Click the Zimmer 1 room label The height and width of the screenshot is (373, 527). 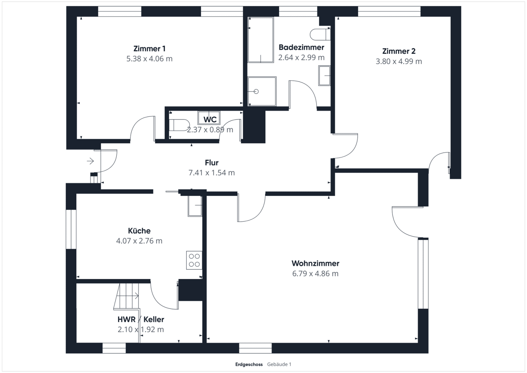pyautogui.click(x=149, y=49)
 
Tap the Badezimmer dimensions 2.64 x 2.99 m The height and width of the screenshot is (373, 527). pyautogui.click(x=301, y=57)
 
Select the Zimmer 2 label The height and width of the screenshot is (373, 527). pyautogui.click(x=399, y=51)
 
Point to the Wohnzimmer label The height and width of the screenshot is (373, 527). pyautogui.click(x=315, y=263)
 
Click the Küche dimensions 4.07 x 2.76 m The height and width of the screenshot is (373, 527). pyautogui.click(x=139, y=241)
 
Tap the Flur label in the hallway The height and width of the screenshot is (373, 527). pyautogui.click(x=212, y=163)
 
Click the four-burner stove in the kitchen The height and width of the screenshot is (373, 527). pyautogui.click(x=194, y=260)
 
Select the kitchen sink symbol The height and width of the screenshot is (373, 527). pyautogui.click(x=195, y=206)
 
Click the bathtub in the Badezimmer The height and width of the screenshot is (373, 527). pyautogui.click(x=261, y=40)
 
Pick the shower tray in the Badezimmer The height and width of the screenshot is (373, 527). pyautogui.click(x=262, y=91)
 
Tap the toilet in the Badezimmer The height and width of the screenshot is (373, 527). pyautogui.click(x=320, y=35)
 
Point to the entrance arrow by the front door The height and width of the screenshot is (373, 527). pyautogui.click(x=90, y=161)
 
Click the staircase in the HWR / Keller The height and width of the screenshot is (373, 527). pyautogui.click(x=126, y=296)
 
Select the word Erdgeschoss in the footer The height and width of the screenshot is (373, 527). pyautogui.click(x=249, y=364)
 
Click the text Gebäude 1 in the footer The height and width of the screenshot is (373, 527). pyautogui.click(x=279, y=364)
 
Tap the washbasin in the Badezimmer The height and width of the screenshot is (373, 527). pyautogui.click(x=324, y=76)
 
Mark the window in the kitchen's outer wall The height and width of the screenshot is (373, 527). pyautogui.click(x=71, y=229)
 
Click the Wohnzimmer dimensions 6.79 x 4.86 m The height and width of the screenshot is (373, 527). pyautogui.click(x=315, y=274)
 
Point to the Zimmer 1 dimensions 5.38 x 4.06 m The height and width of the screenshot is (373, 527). pyautogui.click(x=149, y=59)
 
